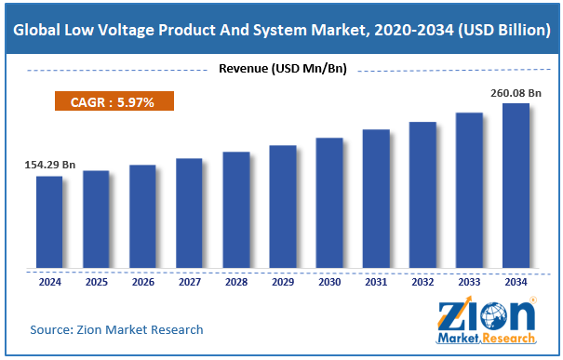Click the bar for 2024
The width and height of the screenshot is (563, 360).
point(49,221)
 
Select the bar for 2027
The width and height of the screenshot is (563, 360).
point(189,213)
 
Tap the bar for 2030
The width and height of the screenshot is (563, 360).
point(329,203)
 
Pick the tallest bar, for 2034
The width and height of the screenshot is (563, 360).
point(516,185)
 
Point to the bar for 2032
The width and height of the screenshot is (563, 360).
point(422,194)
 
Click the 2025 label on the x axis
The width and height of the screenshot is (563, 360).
point(96,280)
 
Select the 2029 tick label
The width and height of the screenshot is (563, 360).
point(282,280)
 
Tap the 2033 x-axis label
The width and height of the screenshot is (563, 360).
point(469,280)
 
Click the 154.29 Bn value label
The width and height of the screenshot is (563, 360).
point(49,165)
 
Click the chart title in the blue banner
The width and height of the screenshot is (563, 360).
point(281,30)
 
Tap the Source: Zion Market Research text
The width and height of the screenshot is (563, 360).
point(116,329)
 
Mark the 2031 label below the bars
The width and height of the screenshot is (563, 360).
point(376,280)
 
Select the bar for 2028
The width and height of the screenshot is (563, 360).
point(235,209)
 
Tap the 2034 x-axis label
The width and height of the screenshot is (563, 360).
point(516,280)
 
